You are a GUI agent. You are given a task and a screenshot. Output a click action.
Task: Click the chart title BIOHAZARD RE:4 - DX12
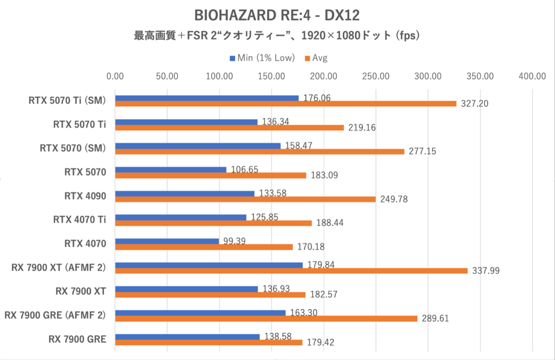pyautogui.click(x=277, y=15)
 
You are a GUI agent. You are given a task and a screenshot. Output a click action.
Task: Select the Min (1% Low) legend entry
pyautogui.click(x=262, y=58)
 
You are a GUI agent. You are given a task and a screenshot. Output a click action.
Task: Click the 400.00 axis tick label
pyautogui.click(x=532, y=76)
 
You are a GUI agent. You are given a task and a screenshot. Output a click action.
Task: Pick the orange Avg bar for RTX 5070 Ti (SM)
pyautogui.click(x=285, y=104)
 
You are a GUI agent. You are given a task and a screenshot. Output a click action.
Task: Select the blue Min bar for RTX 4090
pyautogui.click(x=185, y=194)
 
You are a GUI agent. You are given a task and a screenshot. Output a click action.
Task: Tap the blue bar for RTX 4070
pyautogui.click(x=167, y=241)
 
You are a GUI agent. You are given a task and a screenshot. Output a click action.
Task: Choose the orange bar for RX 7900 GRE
pyautogui.click(x=209, y=342)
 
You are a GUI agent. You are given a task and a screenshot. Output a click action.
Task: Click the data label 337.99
pyautogui.click(x=485, y=271)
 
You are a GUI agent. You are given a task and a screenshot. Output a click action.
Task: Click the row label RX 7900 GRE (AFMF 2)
pyautogui.click(x=55, y=315)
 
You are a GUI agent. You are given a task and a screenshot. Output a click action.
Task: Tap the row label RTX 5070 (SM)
pyautogui.click(x=73, y=148)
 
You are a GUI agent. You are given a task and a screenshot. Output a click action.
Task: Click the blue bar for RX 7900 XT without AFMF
pyautogui.click(x=186, y=289)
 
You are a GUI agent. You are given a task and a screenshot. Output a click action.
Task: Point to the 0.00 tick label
pyautogui.click(x=115, y=76)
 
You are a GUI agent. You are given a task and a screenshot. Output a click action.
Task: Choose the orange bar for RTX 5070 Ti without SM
pyautogui.click(x=229, y=128)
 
